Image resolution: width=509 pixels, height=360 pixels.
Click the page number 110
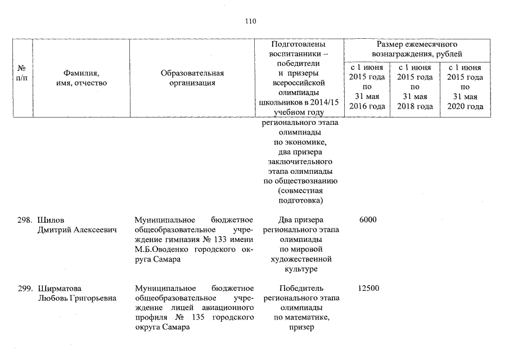pyautogui.click(x=250, y=21)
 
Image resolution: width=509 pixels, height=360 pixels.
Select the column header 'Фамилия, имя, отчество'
pyautogui.click(x=82, y=78)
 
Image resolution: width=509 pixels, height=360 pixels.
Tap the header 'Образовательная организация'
pyautogui.click(x=192, y=78)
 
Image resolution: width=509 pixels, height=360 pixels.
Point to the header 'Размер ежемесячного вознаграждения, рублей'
pyautogui.click(x=417, y=49)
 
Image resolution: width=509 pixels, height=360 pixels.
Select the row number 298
pyautogui.click(x=25, y=219)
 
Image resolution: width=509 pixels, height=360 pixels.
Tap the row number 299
pyautogui.click(x=25, y=289)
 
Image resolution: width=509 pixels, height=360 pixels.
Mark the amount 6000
pyautogui.click(x=367, y=219)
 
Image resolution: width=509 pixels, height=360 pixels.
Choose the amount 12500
pyautogui.click(x=368, y=289)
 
